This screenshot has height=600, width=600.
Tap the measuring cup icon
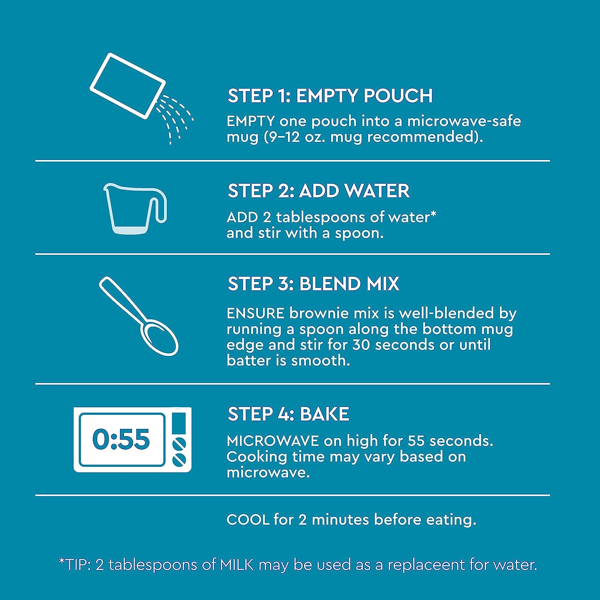135,208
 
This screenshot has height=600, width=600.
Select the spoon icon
138,316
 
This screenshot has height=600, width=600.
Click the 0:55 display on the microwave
121,439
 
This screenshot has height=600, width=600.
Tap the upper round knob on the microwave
179,444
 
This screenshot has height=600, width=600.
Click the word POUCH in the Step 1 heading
398,96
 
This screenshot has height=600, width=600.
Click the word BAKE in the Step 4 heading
324,414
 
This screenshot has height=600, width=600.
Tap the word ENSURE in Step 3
255,313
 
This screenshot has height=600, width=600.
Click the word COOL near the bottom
248,520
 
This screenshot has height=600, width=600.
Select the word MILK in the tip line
237,564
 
